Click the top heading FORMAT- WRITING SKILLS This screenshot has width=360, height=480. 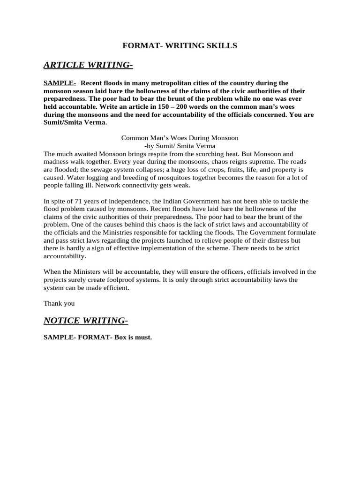pos(180,45)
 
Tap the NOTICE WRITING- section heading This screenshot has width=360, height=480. pos(86,320)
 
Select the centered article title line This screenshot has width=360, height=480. pos(180,138)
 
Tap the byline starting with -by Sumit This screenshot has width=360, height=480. pos(180,146)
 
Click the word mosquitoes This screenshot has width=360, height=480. pos(163,178)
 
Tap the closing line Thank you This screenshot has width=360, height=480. pos(59,303)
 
